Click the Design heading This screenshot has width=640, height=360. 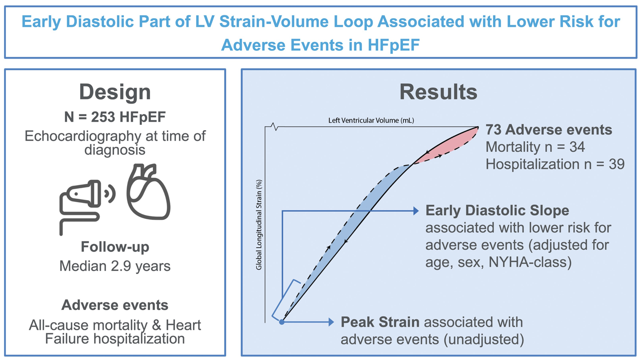point(115,92)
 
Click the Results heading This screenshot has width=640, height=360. point(438,92)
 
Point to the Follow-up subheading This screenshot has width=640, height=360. point(115,247)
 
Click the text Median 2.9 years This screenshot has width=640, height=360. point(115,266)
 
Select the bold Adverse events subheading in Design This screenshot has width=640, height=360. point(115,305)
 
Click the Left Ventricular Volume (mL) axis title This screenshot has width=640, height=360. point(370,121)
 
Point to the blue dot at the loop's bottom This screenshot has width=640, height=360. point(282,322)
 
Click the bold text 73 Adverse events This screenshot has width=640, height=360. point(549,130)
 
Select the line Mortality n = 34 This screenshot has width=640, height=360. point(535,147)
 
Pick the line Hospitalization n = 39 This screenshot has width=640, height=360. point(555,164)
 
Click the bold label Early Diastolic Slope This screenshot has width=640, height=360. point(497,210)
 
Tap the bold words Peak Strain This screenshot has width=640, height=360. point(380,322)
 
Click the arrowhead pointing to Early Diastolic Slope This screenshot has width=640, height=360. point(416,210)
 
